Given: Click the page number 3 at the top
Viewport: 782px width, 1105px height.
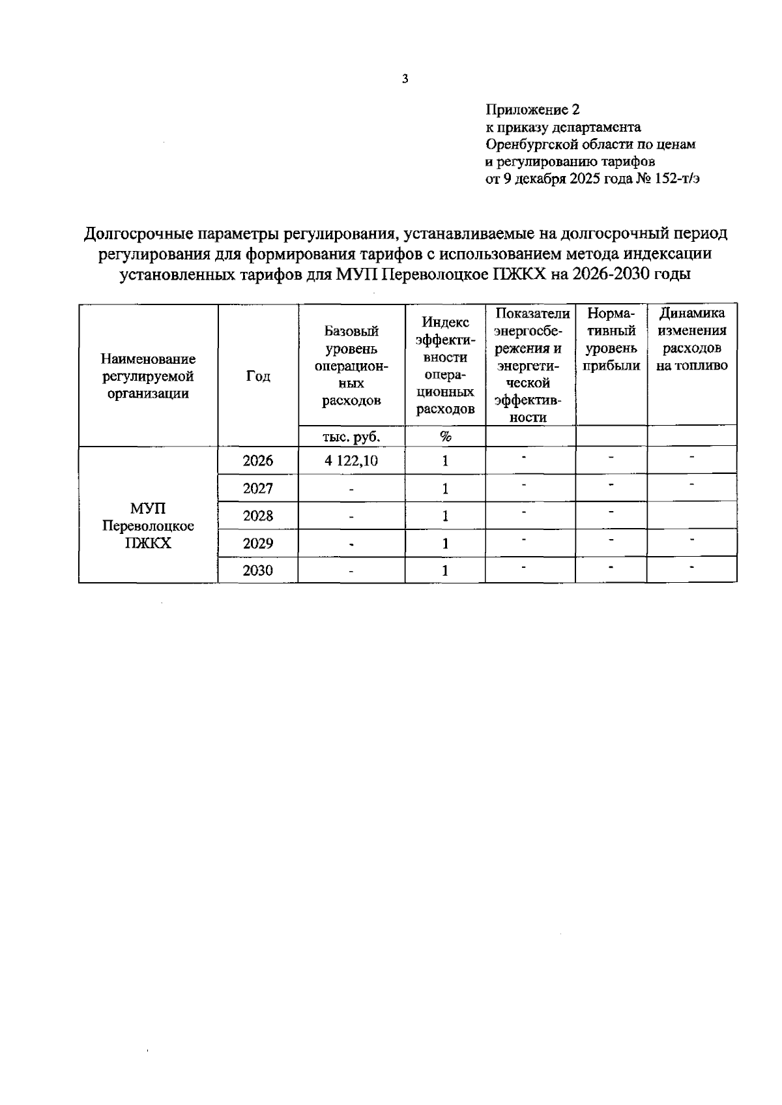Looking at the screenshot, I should click(x=405, y=80).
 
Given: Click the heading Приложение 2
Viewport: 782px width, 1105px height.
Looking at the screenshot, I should click(x=532, y=110).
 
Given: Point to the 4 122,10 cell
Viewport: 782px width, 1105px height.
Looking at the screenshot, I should click(x=351, y=461).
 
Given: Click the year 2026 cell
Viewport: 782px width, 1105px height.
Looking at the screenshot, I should click(x=258, y=461).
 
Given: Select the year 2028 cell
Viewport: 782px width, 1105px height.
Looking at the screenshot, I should click(x=258, y=516).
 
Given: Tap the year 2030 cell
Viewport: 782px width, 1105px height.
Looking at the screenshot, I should click(x=258, y=570).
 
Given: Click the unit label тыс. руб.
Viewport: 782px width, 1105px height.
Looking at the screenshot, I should click(x=351, y=436).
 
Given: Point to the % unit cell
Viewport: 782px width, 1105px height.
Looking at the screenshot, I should click(x=445, y=436).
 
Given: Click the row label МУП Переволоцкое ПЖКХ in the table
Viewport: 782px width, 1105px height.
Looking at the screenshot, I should click(x=148, y=525).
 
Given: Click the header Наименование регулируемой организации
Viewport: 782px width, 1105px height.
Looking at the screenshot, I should click(x=148, y=376).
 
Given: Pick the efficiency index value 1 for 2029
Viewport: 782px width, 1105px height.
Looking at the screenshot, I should click(x=445, y=543).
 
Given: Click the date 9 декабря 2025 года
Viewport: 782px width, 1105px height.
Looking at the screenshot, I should click(x=567, y=178).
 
